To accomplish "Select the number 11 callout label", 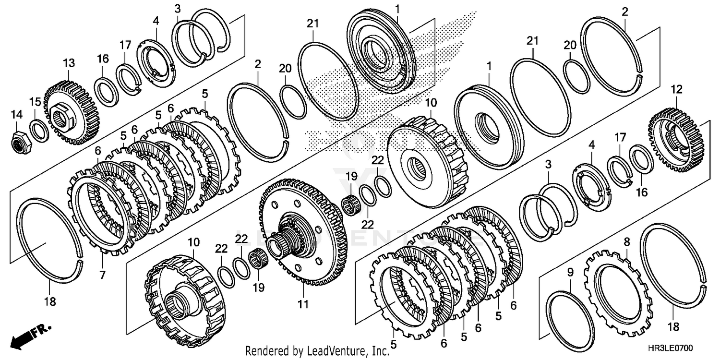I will (x=303, y=304).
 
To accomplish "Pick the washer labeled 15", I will (x=38, y=131).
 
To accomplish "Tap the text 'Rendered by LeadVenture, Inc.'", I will (x=317, y=351).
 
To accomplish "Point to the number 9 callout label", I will (x=570, y=272).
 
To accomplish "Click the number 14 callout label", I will (x=17, y=114).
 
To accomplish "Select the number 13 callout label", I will (x=69, y=63).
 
